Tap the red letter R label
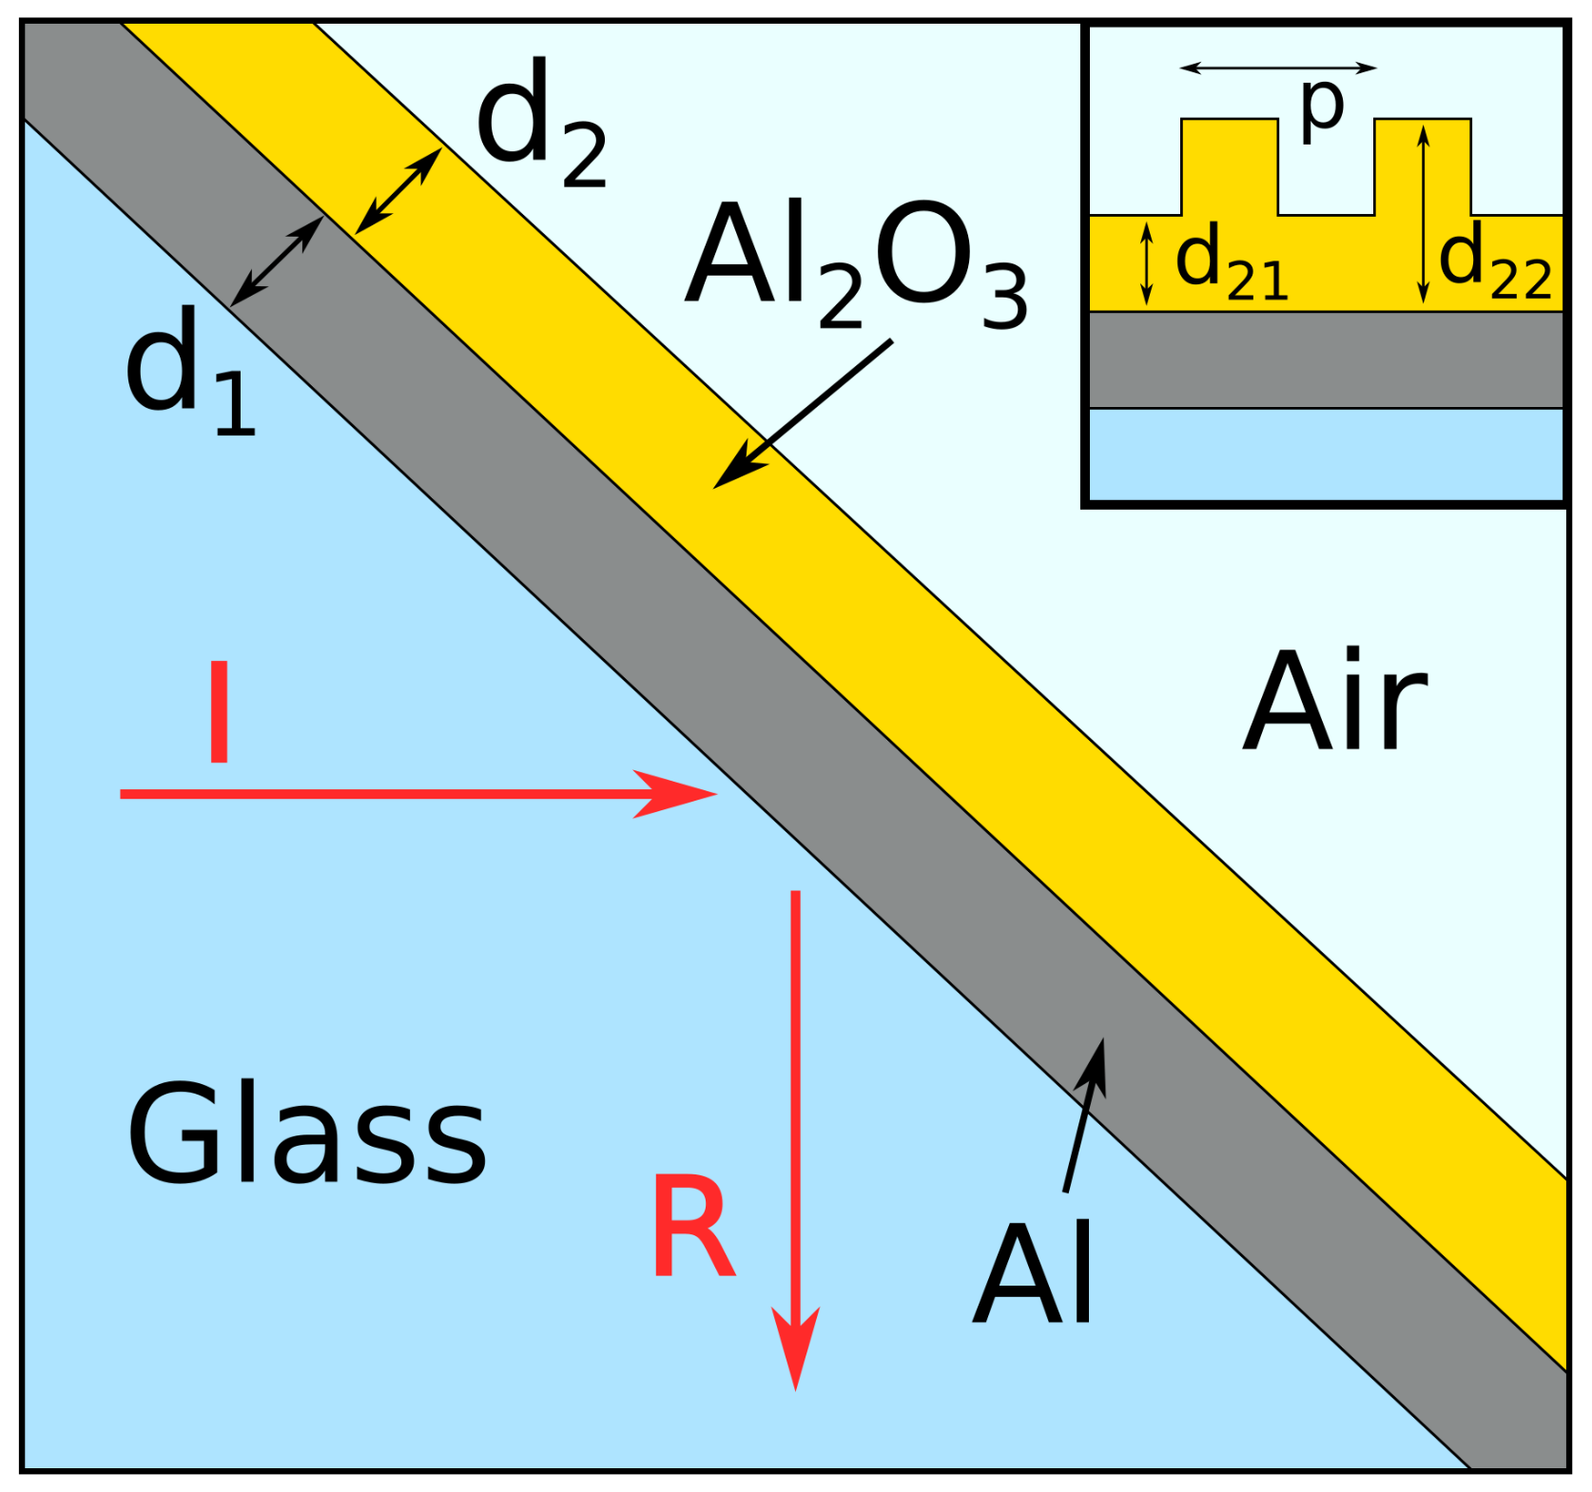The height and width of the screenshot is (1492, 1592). [x=693, y=1227]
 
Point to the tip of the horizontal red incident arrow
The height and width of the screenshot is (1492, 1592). [x=711, y=793]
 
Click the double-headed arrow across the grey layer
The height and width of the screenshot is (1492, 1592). [x=277, y=262]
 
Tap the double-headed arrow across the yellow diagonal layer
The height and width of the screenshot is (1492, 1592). [x=398, y=190]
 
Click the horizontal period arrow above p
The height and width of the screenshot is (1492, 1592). [x=1277, y=68]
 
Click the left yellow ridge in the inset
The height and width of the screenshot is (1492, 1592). [x=1229, y=166]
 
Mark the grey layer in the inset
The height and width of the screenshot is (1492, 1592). [x=1326, y=359]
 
